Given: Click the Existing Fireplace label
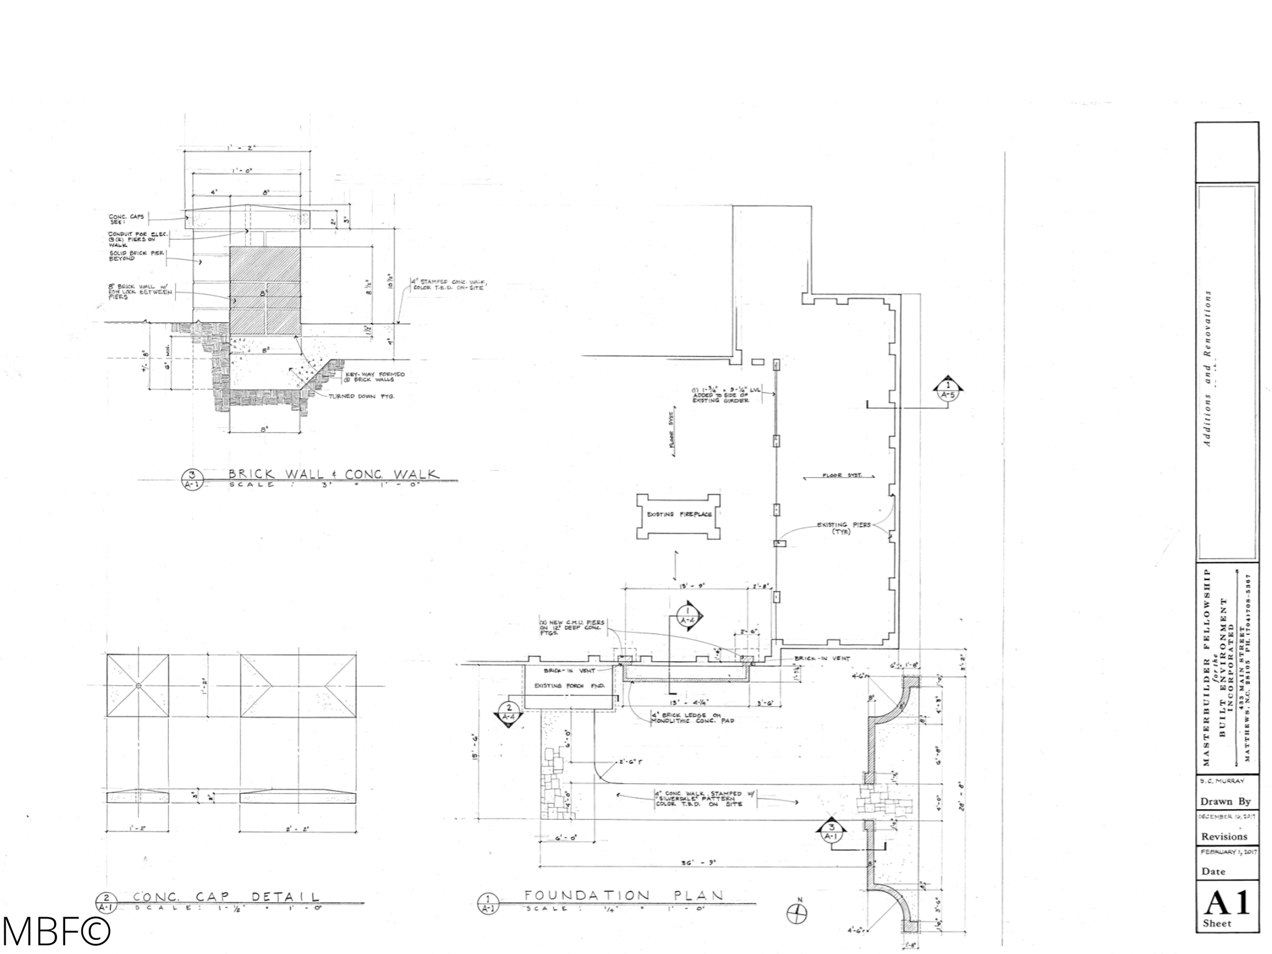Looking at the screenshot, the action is pyautogui.click(x=679, y=515).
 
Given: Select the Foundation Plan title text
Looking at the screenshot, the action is pyautogui.click(x=624, y=896).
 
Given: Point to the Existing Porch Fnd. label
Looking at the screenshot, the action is pyautogui.click(x=558, y=686).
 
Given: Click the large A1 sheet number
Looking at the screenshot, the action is pyautogui.click(x=1227, y=904).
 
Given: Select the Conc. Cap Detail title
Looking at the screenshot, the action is pyautogui.click(x=226, y=897).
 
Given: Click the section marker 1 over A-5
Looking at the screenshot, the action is pyautogui.click(x=948, y=388).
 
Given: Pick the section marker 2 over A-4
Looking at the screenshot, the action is pyautogui.click(x=509, y=712).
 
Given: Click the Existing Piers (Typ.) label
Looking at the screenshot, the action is pyautogui.click(x=843, y=528).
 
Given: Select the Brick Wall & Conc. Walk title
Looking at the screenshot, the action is pyautogui.click(x=334, y=475).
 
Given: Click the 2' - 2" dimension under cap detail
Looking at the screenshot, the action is pyautogui.click(x=298, y=829).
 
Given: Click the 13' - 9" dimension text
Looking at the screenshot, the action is pyautogui.click(x=686, y=585).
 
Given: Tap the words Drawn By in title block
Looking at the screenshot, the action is pyautogui.click(x=1225, y=801).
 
